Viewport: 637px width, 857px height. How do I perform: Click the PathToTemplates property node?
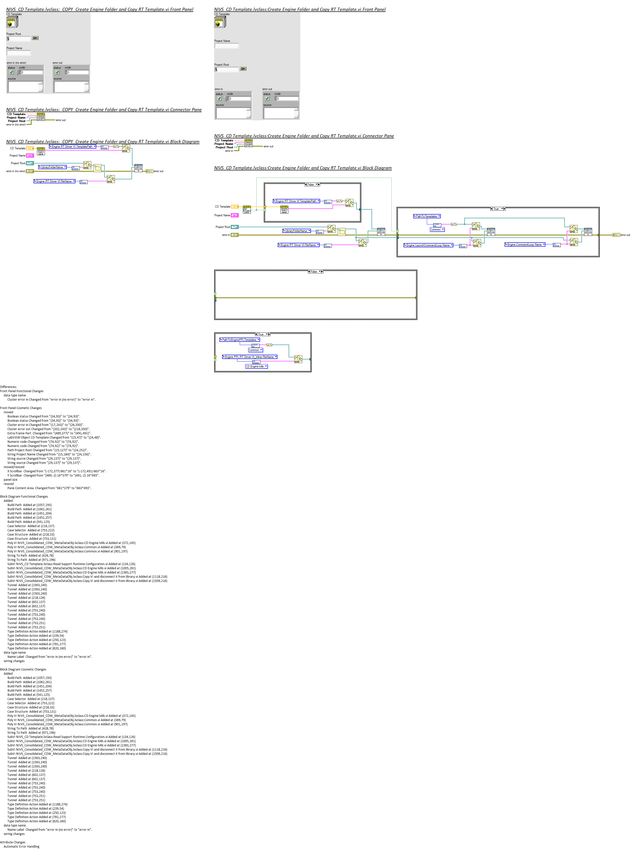tap(427, 216)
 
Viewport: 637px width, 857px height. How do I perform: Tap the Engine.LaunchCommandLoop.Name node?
tap(428, 245)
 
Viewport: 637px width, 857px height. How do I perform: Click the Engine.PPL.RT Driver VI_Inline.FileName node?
tap(249, 357)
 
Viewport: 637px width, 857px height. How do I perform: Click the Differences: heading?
tap(8, 387)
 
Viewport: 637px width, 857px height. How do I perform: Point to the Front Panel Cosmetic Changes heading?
tap(21, 408)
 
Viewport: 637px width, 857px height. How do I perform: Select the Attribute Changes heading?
tap(13, 842)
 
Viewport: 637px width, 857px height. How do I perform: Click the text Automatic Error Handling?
tap(22, 847)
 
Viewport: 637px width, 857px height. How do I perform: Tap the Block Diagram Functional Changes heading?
tap(24, 497)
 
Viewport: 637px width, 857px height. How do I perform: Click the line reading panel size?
tap(10, 480)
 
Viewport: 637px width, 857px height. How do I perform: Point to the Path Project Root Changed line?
tap(47, 450)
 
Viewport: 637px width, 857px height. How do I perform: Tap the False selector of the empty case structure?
tap(315, 272)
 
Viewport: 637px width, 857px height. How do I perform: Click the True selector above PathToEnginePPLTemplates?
tap(262, 334)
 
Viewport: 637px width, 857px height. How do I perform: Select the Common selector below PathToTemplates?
tap(437, 229)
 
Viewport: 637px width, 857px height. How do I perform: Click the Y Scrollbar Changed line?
tap(53, 476)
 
